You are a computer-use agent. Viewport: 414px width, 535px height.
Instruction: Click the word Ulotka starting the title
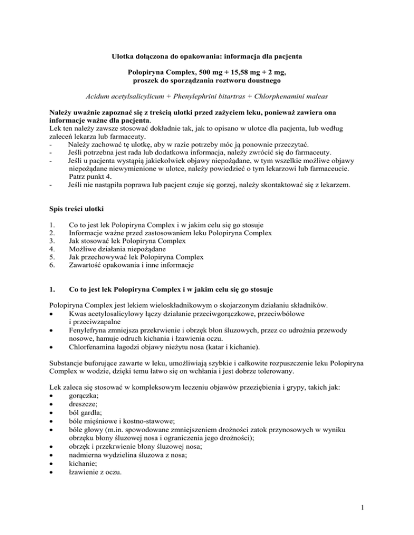click(x=123, y=55)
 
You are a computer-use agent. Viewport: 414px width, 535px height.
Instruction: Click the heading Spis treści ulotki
click(x=80, y=208)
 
